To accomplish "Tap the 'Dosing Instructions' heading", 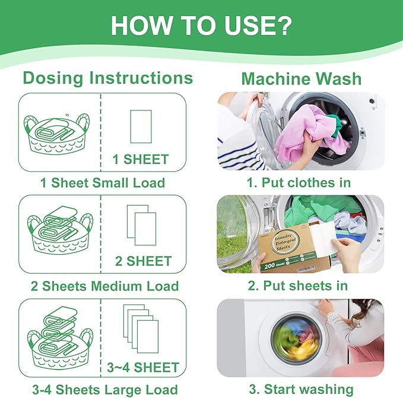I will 107,78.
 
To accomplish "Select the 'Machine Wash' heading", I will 301,78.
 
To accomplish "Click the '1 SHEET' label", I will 141,159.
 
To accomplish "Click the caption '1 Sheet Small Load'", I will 102,182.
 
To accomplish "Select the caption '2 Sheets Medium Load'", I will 102,286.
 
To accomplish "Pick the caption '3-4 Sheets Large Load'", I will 102,390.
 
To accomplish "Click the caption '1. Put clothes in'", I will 299,182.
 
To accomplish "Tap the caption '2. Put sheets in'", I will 298,286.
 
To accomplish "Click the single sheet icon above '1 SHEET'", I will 141,126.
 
